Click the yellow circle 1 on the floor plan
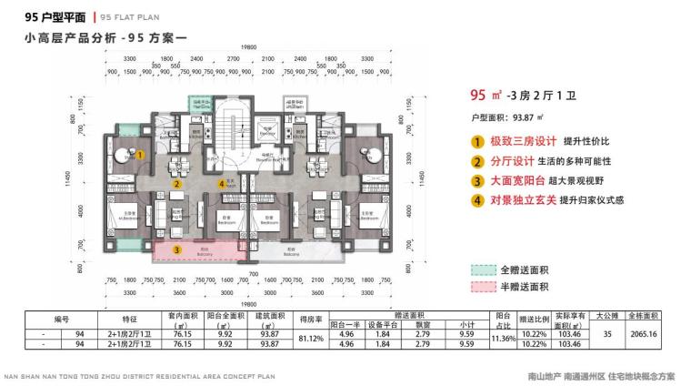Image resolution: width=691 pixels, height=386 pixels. click(140, 155)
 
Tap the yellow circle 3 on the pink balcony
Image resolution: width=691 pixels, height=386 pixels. click(177, 248)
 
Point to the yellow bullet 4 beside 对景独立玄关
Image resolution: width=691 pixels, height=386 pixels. click(476, 200)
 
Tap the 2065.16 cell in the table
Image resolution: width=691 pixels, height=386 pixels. click(642, 335)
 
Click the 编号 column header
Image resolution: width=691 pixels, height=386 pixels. click(62, 319)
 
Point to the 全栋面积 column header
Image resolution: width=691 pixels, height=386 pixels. click(642, 315)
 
